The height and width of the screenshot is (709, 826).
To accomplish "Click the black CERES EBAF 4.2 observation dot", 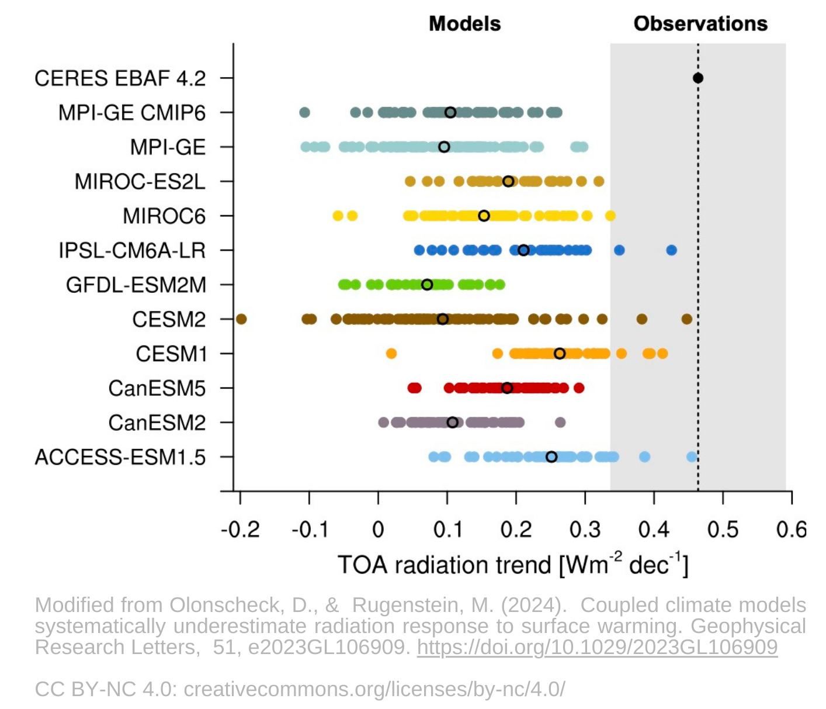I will tap(697, 78).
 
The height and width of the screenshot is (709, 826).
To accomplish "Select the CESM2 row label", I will tap(169, 320).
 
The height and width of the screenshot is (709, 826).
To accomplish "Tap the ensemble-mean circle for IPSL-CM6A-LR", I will tap(523, 250).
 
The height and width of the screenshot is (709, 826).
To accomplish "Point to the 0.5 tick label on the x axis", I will tap(723, 530).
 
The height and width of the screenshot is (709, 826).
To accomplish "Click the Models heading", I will tap(464, 24).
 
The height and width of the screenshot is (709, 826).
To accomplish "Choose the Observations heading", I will tap(700, 24).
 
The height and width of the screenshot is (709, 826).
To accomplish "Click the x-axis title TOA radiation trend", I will tap(513, 565).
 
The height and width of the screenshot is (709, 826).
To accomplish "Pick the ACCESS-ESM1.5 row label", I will tap(120, 457).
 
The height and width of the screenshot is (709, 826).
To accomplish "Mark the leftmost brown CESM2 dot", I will tap(241, 319).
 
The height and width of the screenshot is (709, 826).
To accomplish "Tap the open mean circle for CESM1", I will tap(560, 354).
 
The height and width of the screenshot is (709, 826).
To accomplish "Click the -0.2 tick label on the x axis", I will tap(240, 530).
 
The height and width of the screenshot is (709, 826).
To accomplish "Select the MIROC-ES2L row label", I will tap(140, 182).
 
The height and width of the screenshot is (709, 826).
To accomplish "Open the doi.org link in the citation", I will tap(597, 647).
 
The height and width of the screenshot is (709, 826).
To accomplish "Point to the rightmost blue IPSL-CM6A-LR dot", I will tap(671, 250).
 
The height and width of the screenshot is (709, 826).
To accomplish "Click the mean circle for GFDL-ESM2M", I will tap(427, 285).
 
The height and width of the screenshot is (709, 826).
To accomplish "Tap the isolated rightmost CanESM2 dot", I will tap(560, 423).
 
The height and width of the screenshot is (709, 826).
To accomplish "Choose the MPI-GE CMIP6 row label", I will tap(132, 113).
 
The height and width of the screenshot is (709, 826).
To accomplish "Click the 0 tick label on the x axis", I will tap(378, 530).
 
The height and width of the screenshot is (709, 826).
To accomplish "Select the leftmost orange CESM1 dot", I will tap(391, 354).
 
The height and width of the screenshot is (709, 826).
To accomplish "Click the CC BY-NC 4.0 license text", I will tap(300, 689).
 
